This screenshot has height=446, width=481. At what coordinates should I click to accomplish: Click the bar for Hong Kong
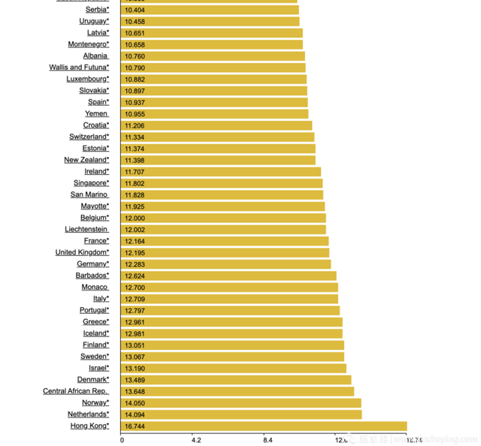point(263,426)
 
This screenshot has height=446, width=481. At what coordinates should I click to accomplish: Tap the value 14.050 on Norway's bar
point(135,403)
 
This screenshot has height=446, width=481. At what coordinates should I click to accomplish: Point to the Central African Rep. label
point(75,391)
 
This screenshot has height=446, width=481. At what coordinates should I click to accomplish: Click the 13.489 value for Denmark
point(135,380)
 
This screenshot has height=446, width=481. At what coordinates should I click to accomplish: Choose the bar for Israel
point(233,368)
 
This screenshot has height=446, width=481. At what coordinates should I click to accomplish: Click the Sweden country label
point(95,357)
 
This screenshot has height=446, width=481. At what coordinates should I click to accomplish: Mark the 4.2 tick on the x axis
point(195,440)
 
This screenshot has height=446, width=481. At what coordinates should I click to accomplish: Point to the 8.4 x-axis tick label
point(268,440)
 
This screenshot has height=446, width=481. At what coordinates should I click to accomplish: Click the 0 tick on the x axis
point(122,440)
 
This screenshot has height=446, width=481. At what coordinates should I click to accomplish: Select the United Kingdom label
point(82,252)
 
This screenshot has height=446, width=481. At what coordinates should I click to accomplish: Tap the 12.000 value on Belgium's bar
point(135,218)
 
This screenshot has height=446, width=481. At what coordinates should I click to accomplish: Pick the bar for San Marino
point(222,194)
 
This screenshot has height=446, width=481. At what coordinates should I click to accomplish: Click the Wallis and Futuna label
point(79,68)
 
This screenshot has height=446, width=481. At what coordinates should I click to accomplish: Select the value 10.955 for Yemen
point(135,114)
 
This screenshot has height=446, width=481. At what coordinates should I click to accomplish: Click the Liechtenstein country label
point(86,229)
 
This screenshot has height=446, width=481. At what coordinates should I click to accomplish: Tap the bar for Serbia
point(210,10)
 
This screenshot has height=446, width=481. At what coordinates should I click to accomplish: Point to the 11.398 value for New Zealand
point(135,160)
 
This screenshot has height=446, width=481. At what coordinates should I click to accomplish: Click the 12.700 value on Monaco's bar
point(135,288)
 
